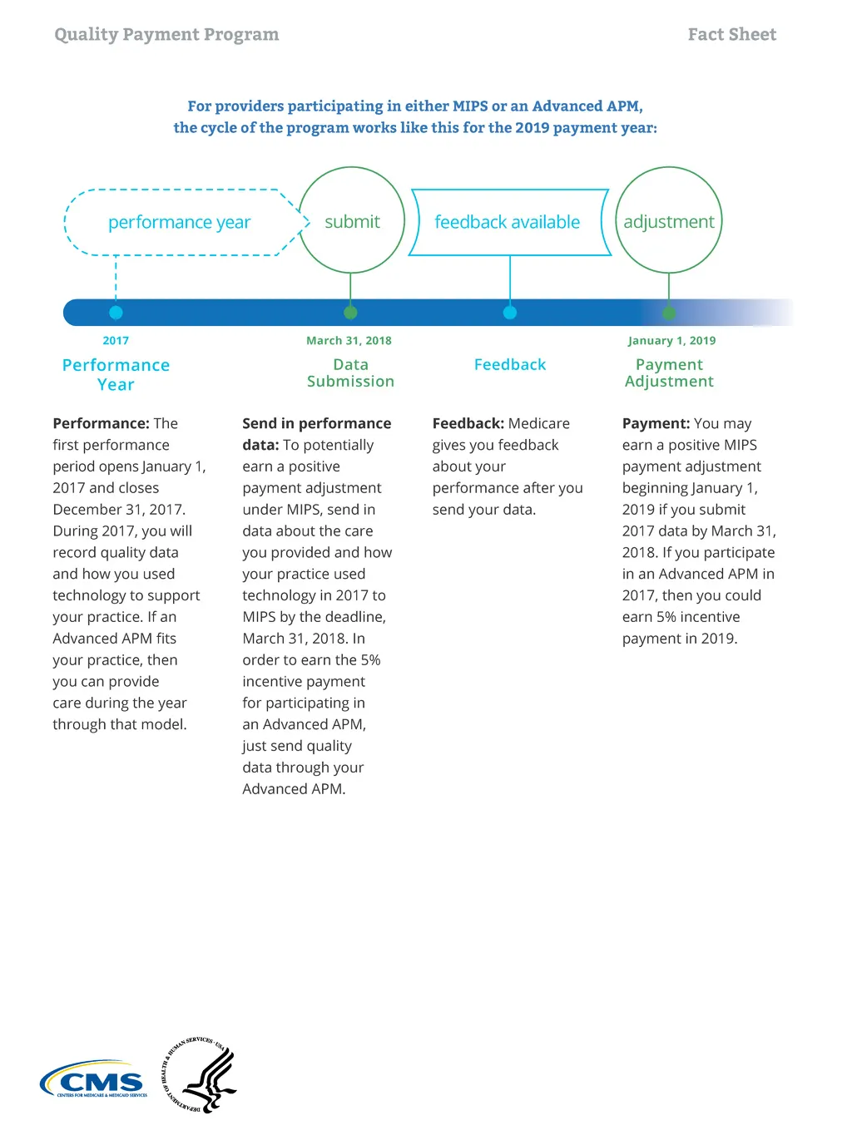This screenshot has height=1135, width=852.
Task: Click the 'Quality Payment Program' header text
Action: [x=166, y=34]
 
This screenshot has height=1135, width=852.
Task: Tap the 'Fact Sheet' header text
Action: [x=731, y=34]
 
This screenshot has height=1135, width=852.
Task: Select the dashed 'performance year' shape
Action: [x=180, y=222]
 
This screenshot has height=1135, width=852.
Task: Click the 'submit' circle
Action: [x=352, y=221]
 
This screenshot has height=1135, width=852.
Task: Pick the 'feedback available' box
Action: [x=508, y=222]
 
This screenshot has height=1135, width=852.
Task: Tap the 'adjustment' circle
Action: [x=669, y=221]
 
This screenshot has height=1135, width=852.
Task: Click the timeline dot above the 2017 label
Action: [x=116, y=313]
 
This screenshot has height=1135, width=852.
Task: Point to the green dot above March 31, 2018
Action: [x=350, y=313]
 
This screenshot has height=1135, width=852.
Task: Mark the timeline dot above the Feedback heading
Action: [x=510, y=313]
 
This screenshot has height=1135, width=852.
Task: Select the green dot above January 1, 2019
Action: [x=669, y=313]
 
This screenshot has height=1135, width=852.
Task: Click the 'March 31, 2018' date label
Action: [x=349, y=340]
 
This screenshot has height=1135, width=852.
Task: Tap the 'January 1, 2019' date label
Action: [x=671, y=340]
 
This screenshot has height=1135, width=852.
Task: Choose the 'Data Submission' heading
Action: [x=350, y=373]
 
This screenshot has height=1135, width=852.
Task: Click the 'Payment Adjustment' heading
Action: [x=669, y=373]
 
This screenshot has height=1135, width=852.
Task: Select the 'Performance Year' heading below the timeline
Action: [x=116, y=374]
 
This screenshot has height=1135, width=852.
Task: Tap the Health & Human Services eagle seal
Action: [x=201, y=1075]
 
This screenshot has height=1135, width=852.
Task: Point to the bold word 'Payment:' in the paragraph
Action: [x=656, y=423]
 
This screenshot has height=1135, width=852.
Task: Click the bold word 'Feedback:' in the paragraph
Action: [x=468, y=423]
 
